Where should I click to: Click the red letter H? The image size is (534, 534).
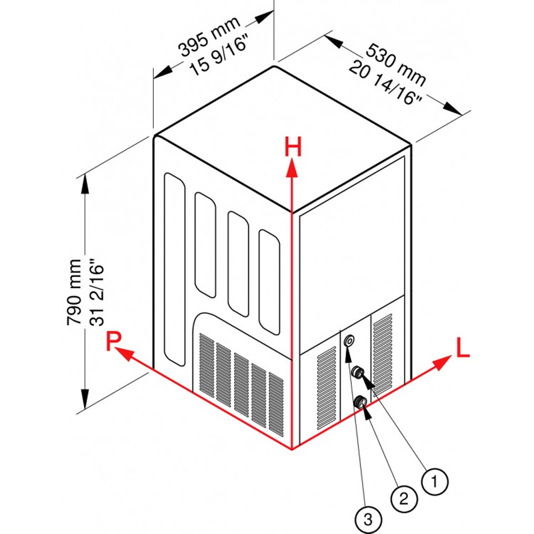click(x=293, y=147)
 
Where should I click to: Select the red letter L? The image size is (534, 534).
click(x=462, y=348)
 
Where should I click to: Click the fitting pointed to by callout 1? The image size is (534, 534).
click(x=358, y=372)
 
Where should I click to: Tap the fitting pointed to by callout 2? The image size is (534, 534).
click(x=361, y=402)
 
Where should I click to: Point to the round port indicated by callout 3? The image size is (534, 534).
click(x=349, y=340)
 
